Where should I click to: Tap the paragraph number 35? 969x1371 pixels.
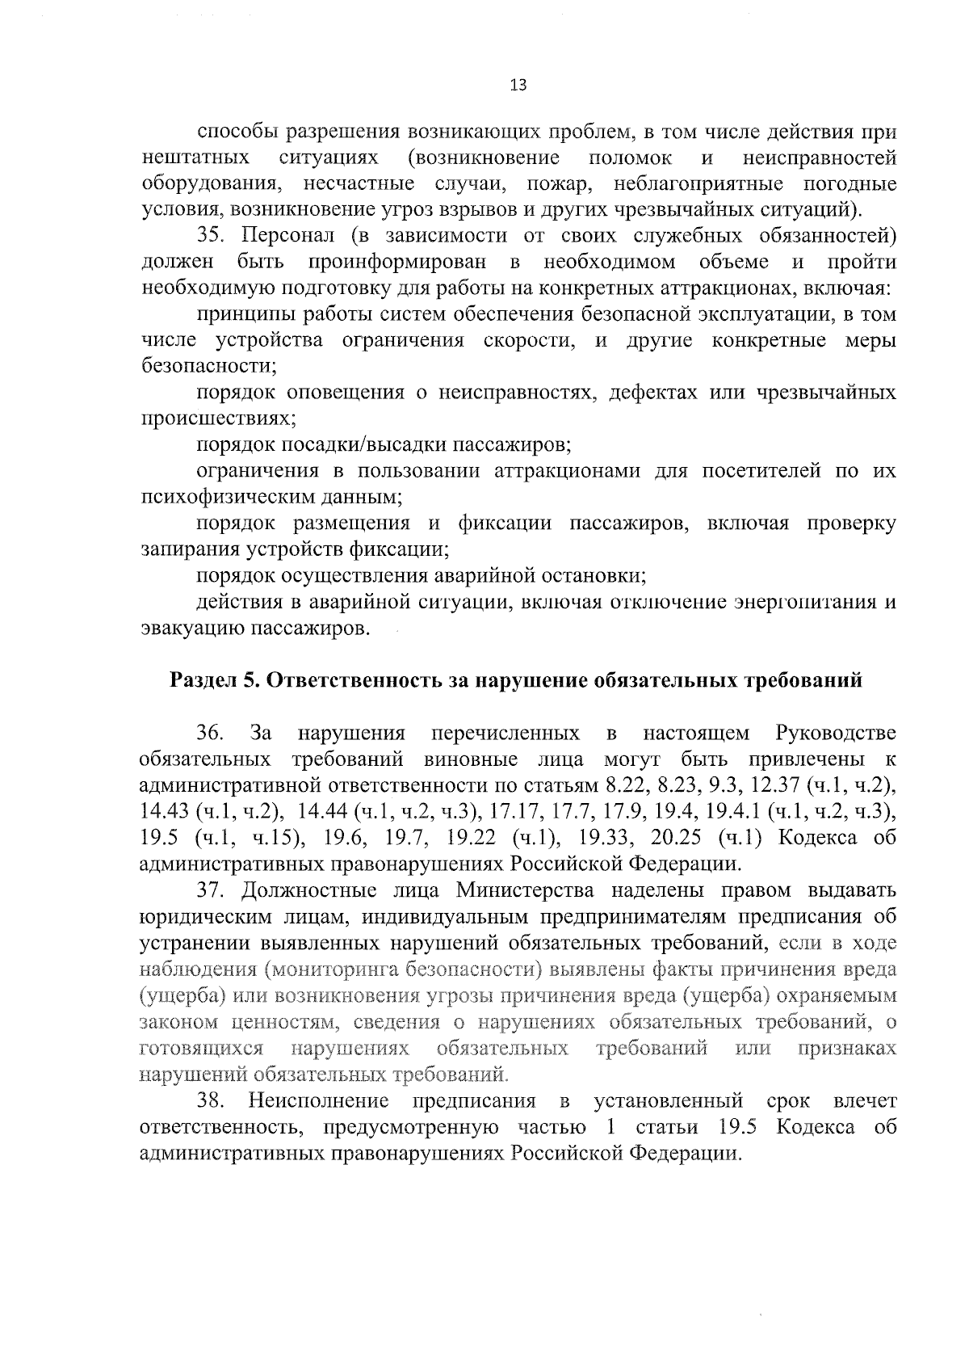[x=214, y=237]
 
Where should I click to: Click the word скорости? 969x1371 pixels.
[x=528, y=341]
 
